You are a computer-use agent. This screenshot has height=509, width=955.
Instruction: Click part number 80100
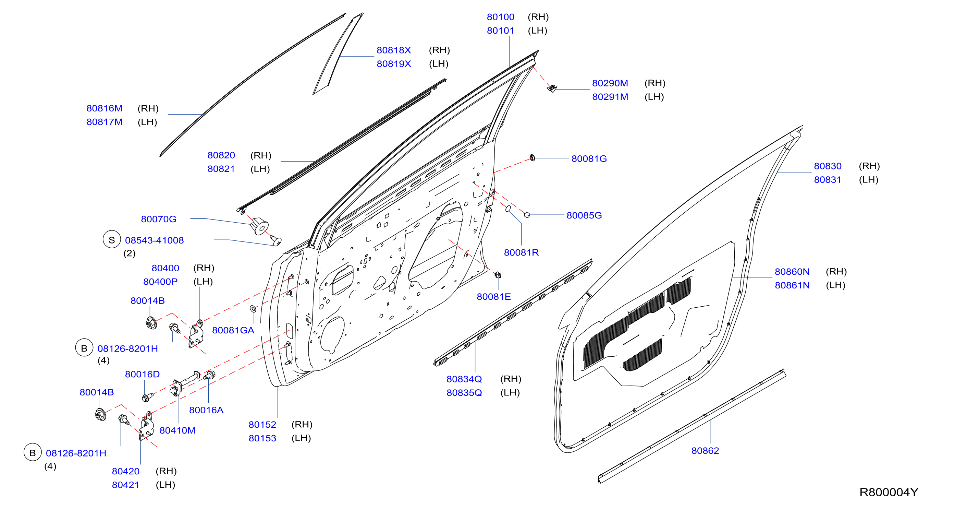(501, 17)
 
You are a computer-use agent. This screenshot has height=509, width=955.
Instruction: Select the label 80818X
(394, 50)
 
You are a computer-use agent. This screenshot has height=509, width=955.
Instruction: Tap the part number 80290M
(610, 83)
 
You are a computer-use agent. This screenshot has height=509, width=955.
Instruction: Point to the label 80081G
(589, 159)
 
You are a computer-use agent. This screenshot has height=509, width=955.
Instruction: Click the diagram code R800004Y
(889, 492)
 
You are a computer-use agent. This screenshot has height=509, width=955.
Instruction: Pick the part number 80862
(705, 451)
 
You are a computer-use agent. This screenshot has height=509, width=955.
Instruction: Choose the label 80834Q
(464, 379)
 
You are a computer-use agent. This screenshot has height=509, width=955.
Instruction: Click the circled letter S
(112, 240)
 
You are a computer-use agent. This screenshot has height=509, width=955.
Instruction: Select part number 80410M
(177, 430)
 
